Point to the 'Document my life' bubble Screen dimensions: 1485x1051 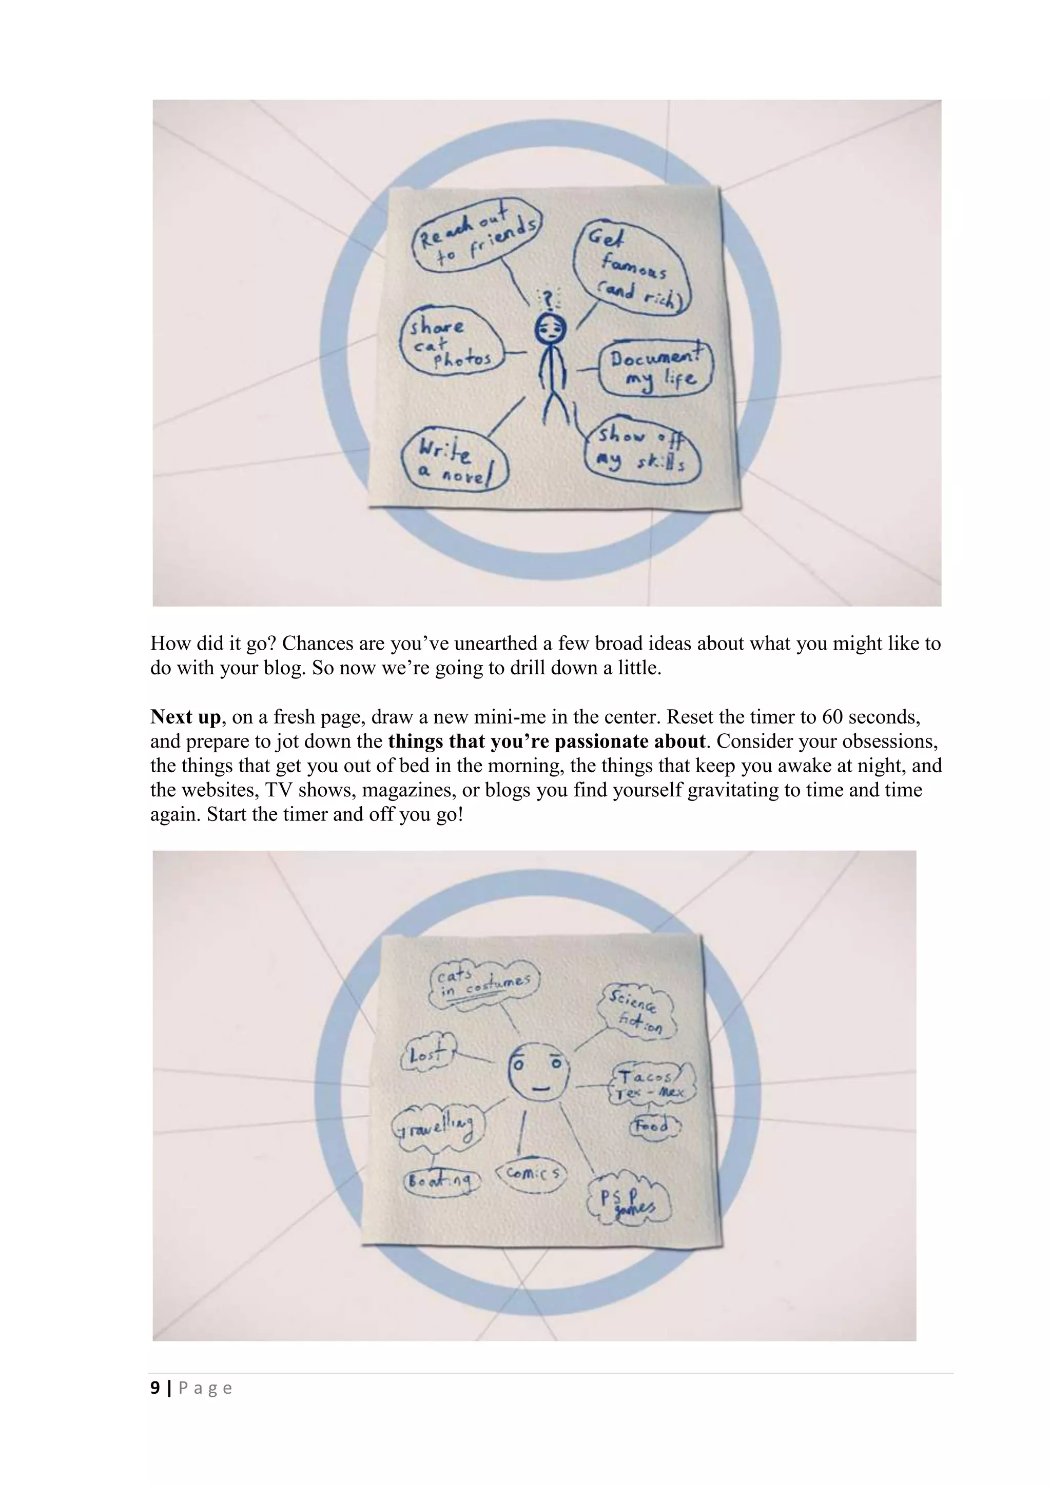click(x=655, y=368)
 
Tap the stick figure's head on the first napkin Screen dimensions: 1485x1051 click(x=550, y=331)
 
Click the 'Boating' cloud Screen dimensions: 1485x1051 click(x=442, y=1181)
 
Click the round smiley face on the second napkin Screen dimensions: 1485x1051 click(x=538, y=1072)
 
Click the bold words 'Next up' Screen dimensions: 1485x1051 click(x=185, y=717)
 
